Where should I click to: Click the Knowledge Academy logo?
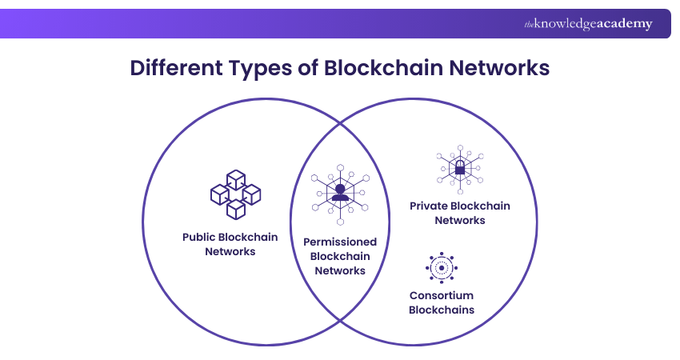click(588, 24)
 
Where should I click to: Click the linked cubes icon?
click(235, 194)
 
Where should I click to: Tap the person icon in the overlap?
click(339, 193)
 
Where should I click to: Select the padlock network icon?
click(460, 170)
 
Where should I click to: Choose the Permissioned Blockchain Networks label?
click(339, 256)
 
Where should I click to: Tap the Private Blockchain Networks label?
click(460, 213)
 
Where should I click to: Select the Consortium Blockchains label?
click(441, 302)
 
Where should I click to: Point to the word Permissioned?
click(339, 242)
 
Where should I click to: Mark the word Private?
click(428, 206)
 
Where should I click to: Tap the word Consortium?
click(441, 295)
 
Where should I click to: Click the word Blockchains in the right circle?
click(441, 310)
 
